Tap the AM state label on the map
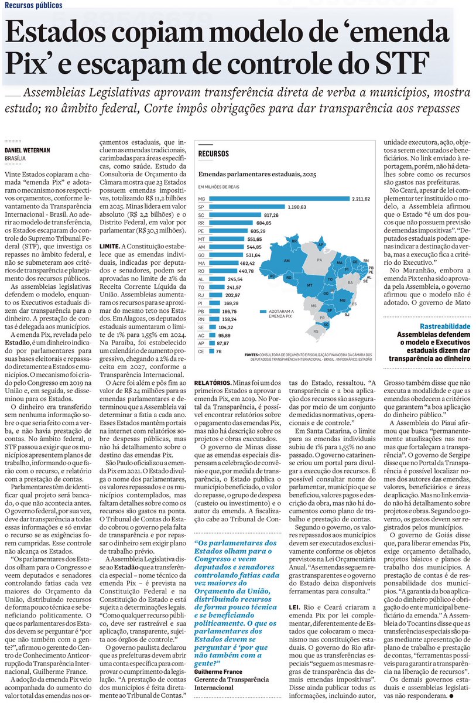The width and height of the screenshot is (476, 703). pos(287,261)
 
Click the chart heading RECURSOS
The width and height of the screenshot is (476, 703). pos(213,154)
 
